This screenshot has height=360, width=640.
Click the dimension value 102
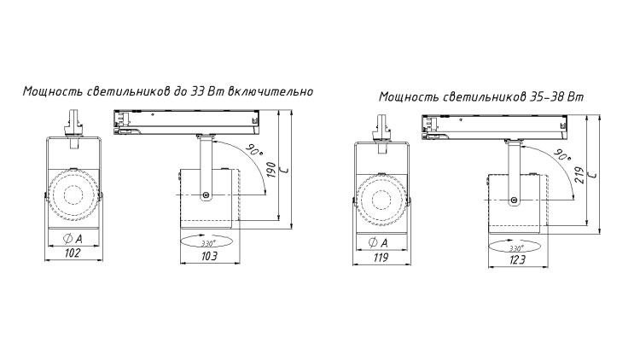click(73, 253)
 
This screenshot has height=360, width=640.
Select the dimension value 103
click(209, 256)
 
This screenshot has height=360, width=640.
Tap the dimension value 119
click(381, 258)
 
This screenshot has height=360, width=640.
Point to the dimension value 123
click(517, 260)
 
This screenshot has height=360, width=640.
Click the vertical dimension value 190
click(272, 170)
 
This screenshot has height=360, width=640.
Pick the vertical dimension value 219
click(581, 175)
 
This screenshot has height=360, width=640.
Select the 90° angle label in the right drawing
click(563, 155)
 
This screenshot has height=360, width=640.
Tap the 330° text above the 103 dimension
click(208, 244)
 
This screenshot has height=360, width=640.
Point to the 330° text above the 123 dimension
click(517, 248)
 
